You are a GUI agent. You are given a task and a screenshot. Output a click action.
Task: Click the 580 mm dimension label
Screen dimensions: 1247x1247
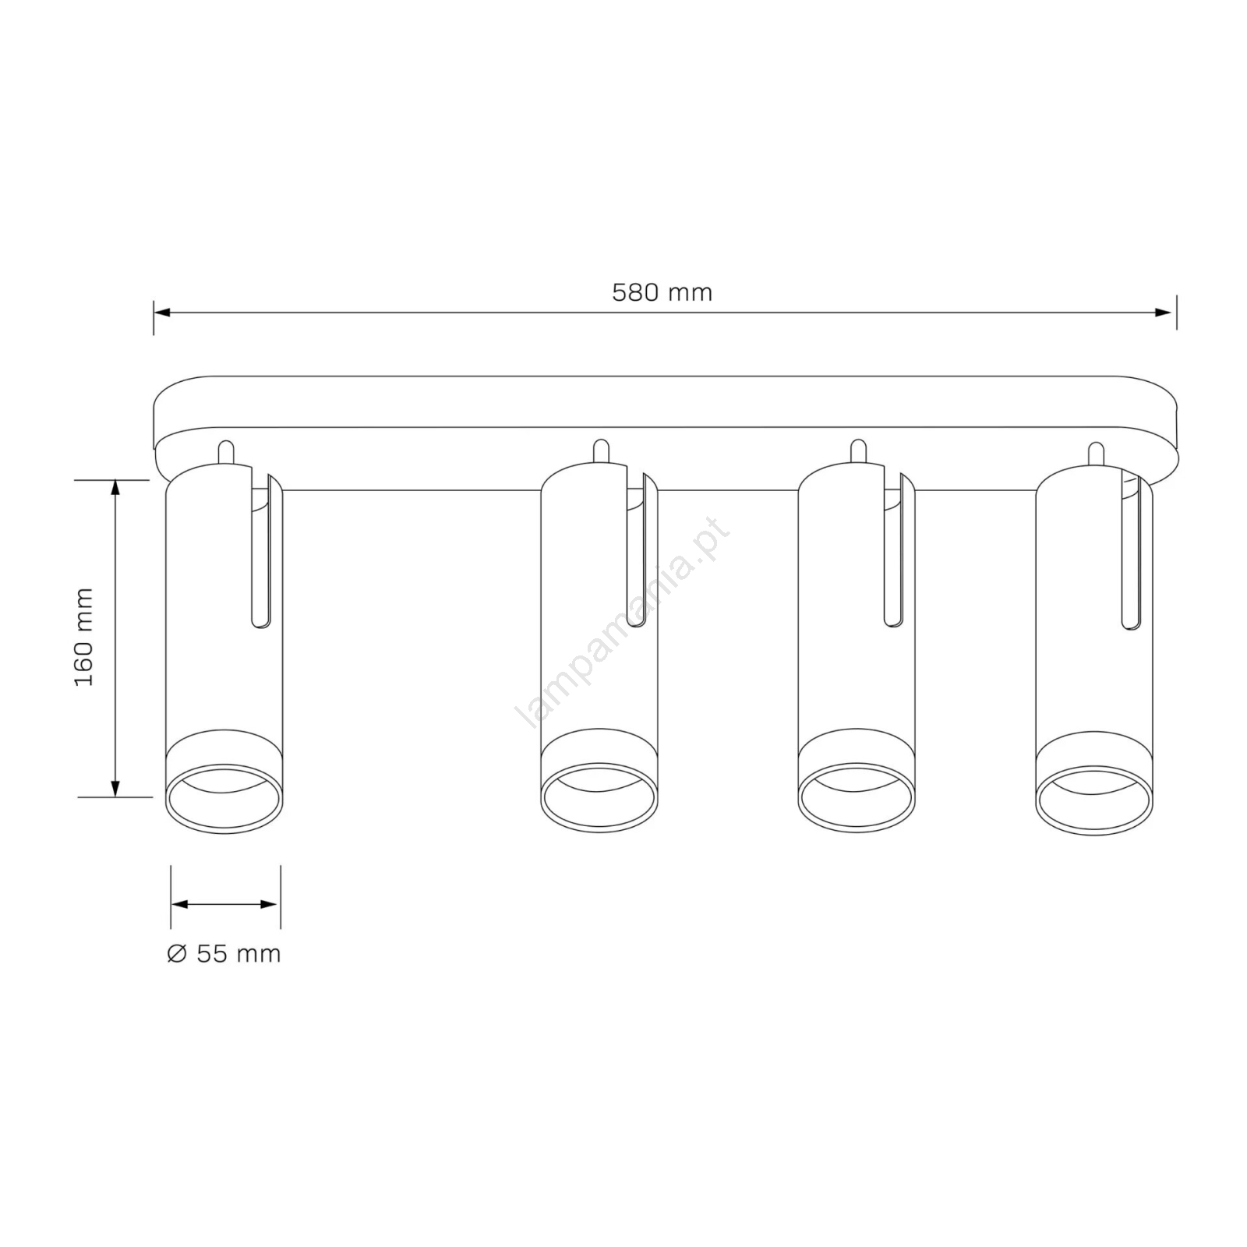coord(662,293)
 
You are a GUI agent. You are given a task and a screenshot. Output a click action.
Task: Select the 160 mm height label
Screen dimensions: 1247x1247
coord(84,638)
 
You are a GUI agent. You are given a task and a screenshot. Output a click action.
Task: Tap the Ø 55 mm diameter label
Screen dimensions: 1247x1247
coord(224,953)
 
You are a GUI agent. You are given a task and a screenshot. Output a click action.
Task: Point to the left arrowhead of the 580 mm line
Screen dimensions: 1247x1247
coord(163,313)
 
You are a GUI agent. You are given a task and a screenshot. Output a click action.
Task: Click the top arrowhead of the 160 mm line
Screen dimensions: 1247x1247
coord(115,489)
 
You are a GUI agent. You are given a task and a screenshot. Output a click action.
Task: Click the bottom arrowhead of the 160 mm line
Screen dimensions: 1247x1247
coord(115,787)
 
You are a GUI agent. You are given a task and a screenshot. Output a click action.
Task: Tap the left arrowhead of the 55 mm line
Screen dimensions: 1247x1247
coord(181,904)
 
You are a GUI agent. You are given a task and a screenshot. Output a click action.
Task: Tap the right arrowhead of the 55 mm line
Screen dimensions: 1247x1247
coord(270,904)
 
